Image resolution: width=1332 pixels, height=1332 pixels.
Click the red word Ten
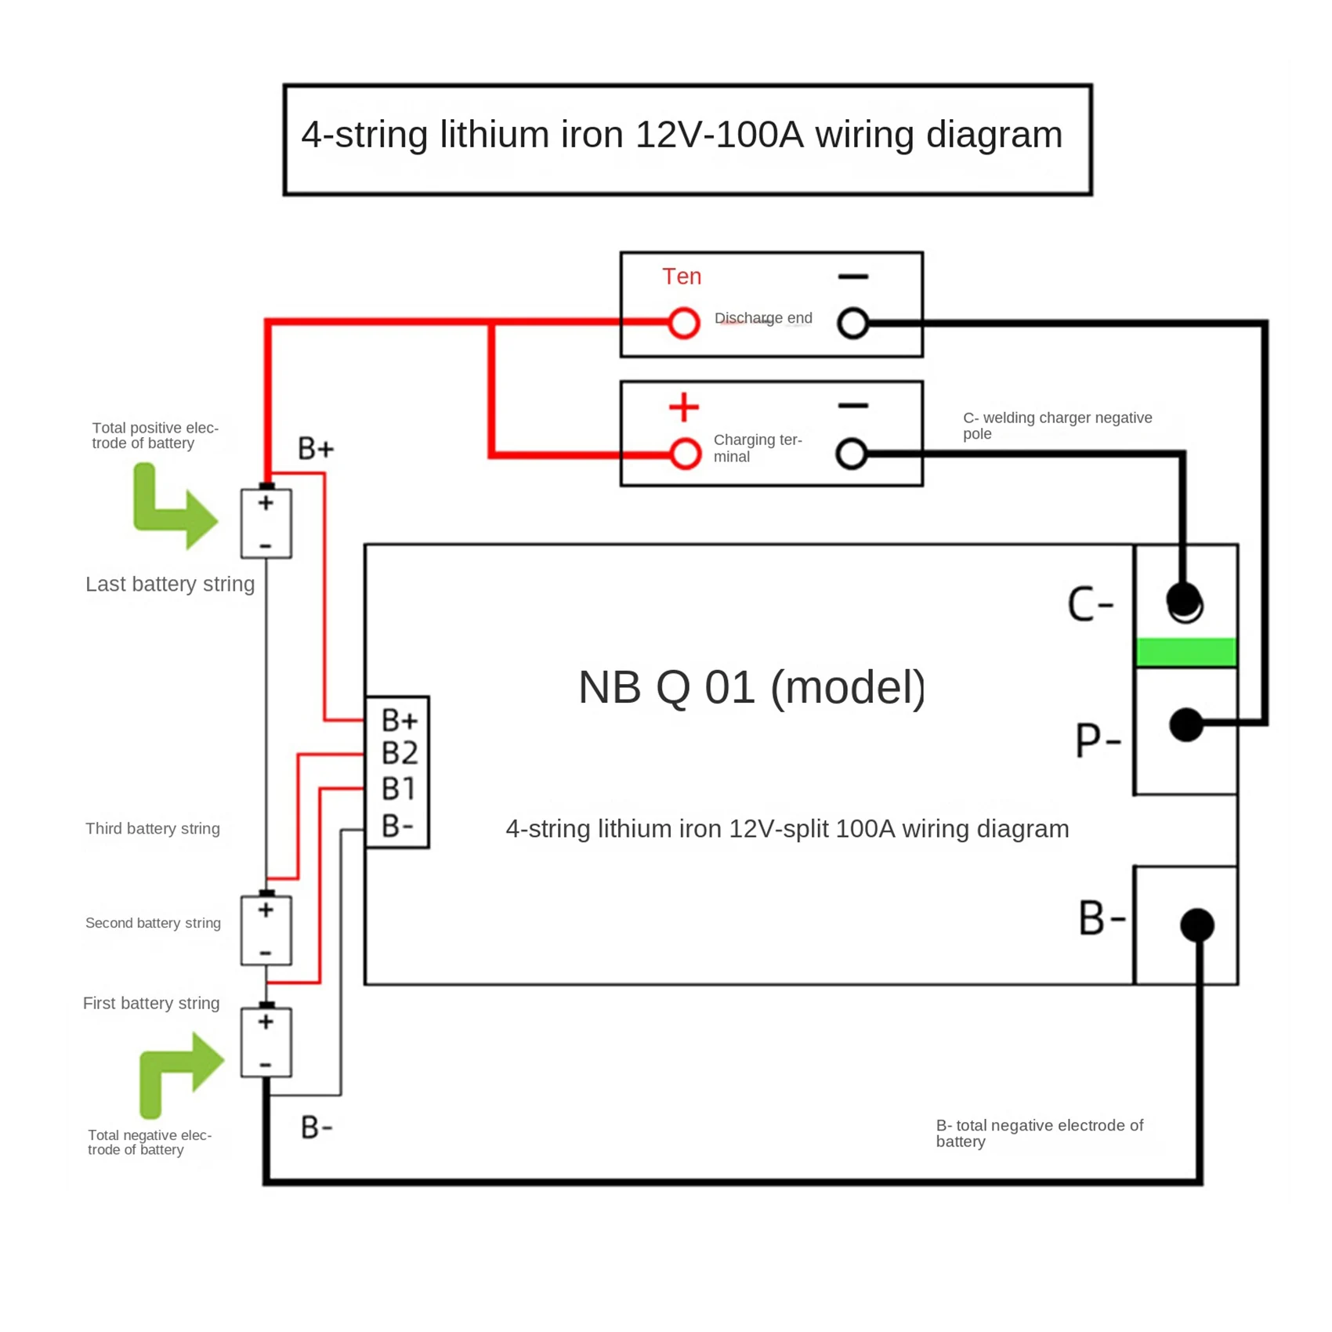tap(682, 277)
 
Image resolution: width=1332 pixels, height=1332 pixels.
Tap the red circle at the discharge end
tap(684, 323)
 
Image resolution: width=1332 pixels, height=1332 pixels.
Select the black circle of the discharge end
tap(852, 323)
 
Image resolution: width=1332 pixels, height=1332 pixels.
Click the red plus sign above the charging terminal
tap(684, 407)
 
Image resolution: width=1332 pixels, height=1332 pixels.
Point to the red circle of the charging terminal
tap(686, 454)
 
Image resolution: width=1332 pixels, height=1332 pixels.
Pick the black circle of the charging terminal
tap(852, 454)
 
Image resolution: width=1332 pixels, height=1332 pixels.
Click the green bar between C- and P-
tap(1186, 652)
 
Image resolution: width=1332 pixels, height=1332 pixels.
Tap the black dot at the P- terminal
tap(1186, 725)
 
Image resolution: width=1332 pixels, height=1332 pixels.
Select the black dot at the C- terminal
tap(1184, 601)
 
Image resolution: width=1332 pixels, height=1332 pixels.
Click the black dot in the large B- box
tap(1197, 925)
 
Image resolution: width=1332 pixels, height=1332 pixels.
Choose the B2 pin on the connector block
tap(400, 753)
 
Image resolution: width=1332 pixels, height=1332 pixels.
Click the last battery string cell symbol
tap(266, 522)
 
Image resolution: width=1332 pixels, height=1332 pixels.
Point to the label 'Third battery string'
tap(153, 829)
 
